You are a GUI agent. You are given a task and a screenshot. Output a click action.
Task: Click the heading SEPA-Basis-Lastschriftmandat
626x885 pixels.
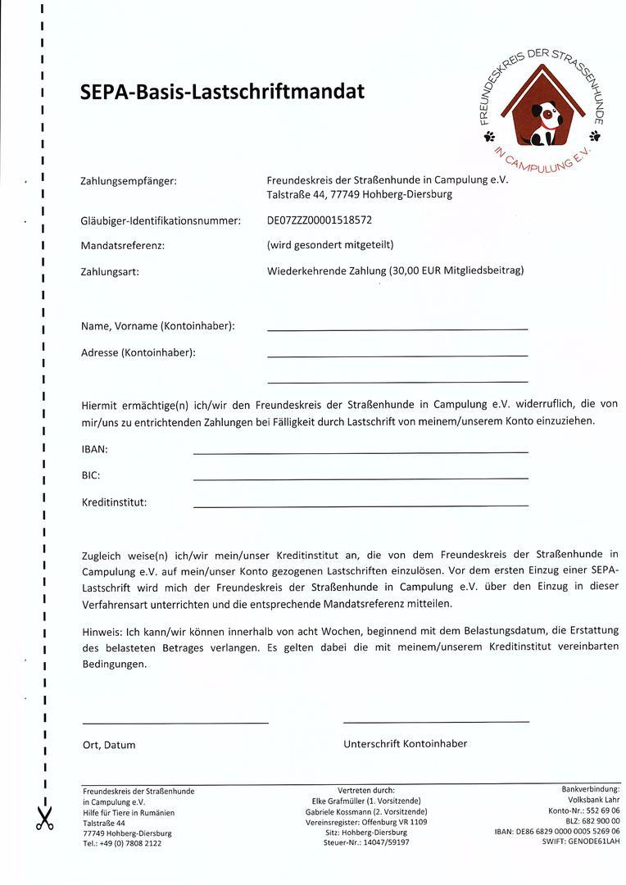coord(222,92)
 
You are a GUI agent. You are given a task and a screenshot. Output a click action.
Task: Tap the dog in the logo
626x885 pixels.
coord(543,123)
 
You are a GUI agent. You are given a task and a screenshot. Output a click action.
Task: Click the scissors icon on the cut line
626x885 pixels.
coord(43,817)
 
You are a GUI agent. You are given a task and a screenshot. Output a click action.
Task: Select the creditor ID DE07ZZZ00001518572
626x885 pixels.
coord(320,220)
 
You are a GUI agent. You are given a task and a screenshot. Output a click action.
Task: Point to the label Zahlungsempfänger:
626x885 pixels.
coord(129,180)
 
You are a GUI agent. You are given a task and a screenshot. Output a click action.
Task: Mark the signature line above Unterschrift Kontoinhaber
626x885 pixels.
coord(436,721)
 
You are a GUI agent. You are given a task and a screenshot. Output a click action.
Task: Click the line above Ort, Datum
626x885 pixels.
coord(175,722)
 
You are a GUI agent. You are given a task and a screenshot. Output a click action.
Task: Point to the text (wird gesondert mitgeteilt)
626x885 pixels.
coord(330,244)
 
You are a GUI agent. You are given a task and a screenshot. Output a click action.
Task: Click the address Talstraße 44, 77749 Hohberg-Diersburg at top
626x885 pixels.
coord(359,195)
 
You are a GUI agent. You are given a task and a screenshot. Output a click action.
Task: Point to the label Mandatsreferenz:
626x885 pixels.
coord(123,245)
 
